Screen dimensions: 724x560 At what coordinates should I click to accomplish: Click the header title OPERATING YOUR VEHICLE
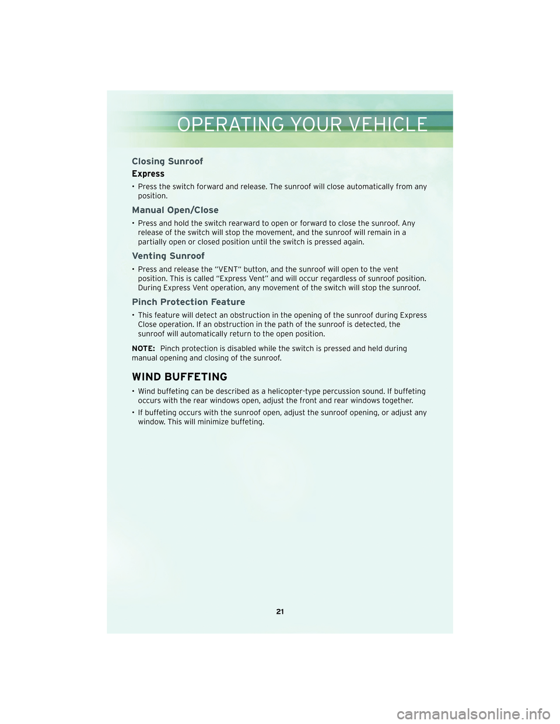point(302,124)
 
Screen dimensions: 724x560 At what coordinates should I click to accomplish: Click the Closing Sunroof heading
point(167,161)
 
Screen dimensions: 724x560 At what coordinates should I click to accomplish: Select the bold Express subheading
point(148,174)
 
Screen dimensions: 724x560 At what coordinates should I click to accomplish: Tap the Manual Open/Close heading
point(175,210)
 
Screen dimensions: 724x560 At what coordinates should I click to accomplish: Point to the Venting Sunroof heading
point(168,256)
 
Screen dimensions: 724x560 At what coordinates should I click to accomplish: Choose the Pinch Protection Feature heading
point(188,302)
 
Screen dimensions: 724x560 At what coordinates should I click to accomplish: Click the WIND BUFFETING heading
point(180,377)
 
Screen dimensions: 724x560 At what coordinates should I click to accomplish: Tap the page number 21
point(280,611)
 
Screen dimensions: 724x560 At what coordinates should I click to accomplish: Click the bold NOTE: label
point(143,349)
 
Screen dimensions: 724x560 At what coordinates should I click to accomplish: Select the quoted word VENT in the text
point(228,269)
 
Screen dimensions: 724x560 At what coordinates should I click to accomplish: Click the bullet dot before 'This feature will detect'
point(134,315)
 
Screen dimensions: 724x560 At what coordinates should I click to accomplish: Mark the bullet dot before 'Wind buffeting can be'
point(134,392)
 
